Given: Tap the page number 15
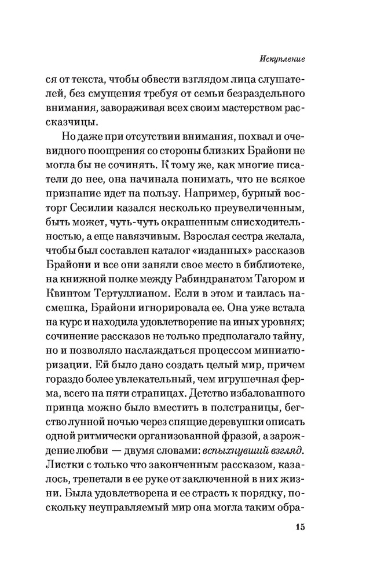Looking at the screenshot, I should pos(300,527).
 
